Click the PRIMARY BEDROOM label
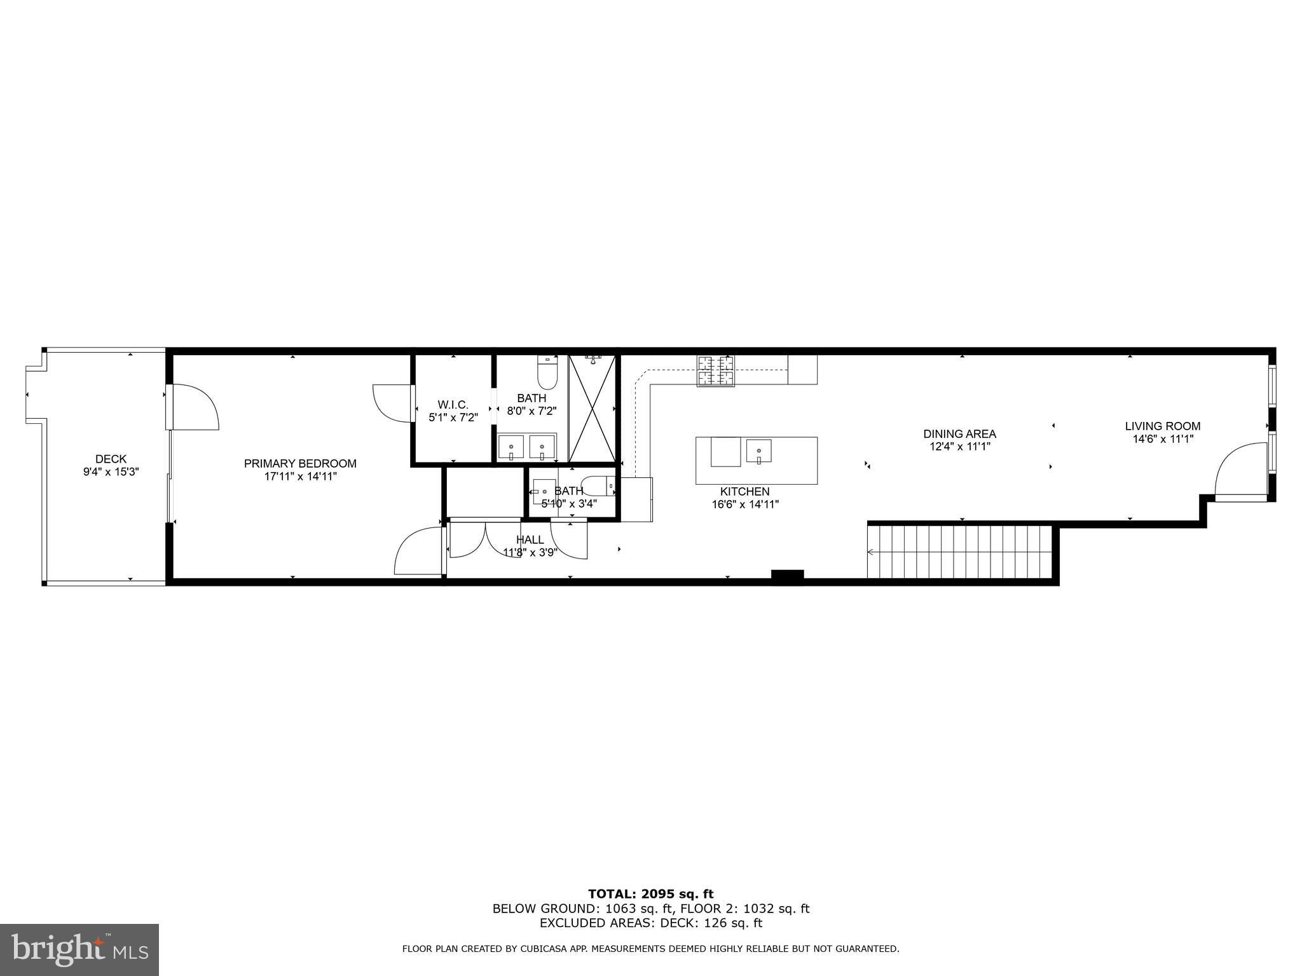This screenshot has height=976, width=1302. [300, 464]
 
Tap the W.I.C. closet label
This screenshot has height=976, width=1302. [453, 405]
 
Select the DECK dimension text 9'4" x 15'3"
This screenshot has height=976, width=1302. [111, 472]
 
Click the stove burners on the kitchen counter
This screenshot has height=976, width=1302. [716, 371]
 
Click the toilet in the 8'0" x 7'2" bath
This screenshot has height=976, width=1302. [547, 372]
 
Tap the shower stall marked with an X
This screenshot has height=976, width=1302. [593, 408]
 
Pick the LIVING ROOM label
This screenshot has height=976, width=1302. [1163, 426]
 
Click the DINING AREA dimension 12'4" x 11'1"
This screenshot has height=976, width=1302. [960, 447]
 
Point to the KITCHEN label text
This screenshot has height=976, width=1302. [745, 492]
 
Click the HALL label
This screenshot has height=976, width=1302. [530, 540]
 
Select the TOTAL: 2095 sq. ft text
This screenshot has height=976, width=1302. [651, 895]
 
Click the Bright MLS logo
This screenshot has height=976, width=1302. [79, 950]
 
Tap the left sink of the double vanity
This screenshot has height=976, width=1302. [511, 447]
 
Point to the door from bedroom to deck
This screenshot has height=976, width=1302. [192, 407]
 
